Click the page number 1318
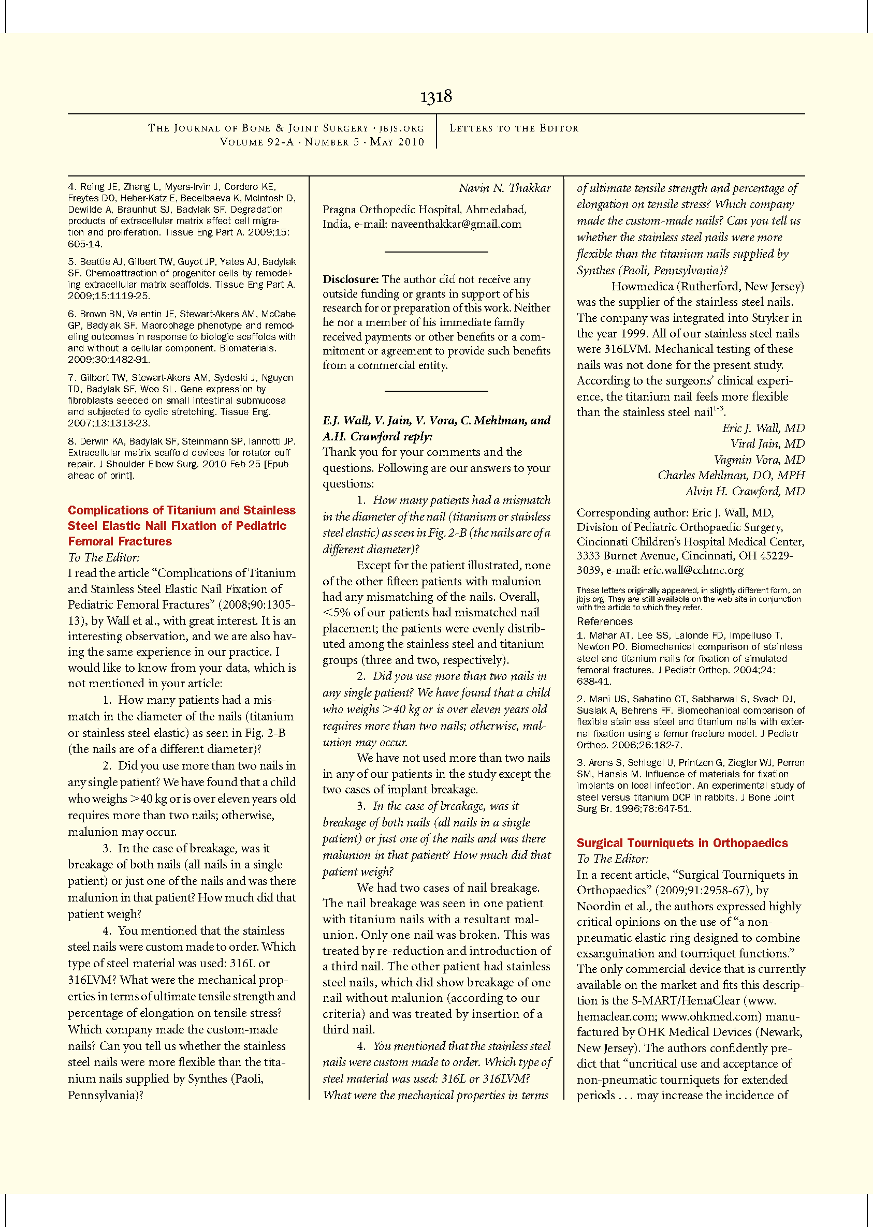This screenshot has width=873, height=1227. click(x=436, y=97)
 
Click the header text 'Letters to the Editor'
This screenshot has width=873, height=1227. click(x=514, y=128)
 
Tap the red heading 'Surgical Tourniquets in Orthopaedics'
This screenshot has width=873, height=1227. click(x=682, y=843)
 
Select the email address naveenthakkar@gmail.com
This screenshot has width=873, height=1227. click(x=456, y=224)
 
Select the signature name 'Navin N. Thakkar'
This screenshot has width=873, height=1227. click(x=504, y=188)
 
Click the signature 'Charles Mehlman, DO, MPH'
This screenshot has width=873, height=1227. click(x=731, y=475)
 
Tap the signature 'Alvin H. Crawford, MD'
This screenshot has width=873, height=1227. click(x=745, y=491)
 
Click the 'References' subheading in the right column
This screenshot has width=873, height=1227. click(x=604, y=622)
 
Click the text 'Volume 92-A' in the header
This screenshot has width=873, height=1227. click(x=257, y=142)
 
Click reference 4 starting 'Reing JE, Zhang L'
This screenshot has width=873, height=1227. click(x=181, y=215)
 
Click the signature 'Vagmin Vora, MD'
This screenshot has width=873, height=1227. click(x=759, y=460)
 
